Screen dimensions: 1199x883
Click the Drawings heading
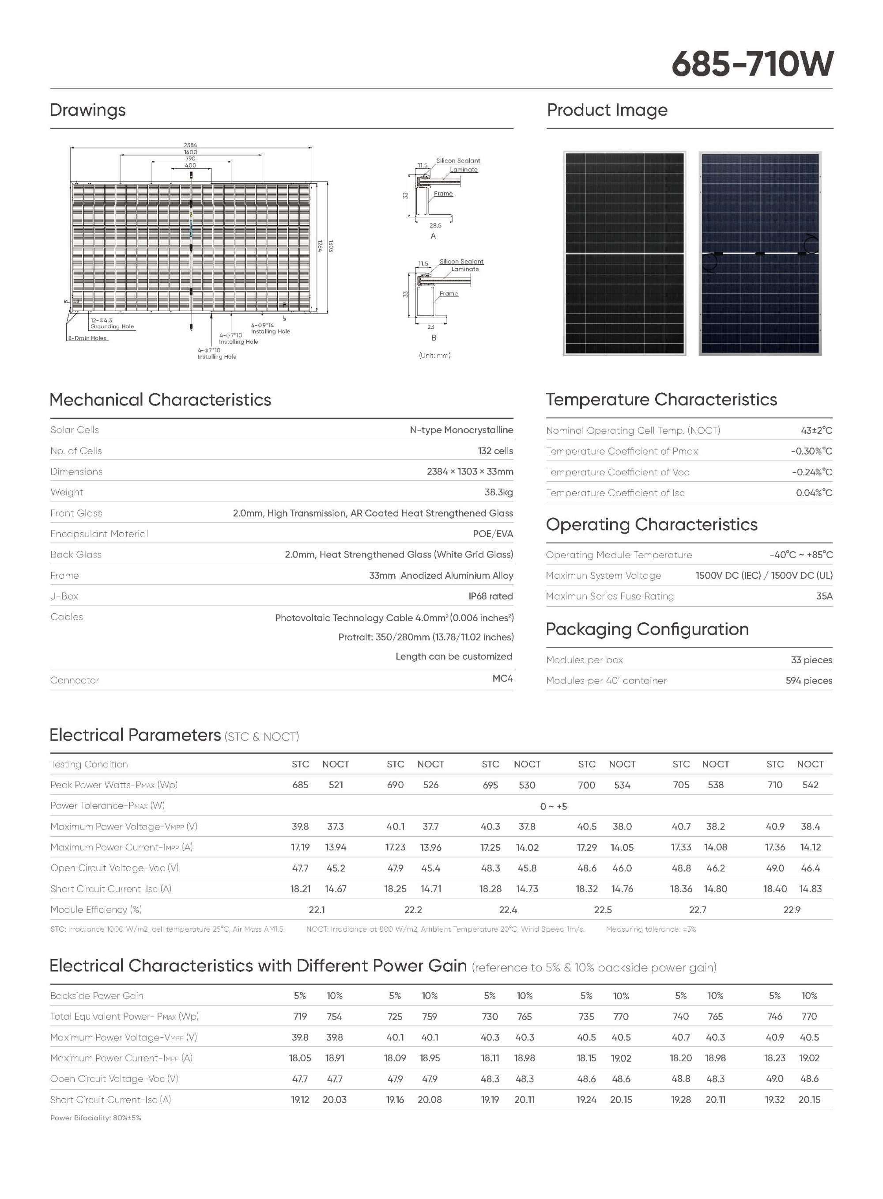88,110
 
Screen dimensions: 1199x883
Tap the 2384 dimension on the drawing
190,145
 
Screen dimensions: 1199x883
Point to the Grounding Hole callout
112,326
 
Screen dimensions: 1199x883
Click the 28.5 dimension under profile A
435,226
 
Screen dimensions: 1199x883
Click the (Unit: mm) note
434,356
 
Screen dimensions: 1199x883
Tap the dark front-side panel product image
624,253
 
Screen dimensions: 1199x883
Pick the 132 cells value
495,451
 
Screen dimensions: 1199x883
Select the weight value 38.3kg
498,492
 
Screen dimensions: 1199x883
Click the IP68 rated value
490,596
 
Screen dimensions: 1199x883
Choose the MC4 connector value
502,678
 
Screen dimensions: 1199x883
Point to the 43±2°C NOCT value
816,430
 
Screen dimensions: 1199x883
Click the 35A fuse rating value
824,596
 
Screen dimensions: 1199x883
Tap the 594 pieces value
809,680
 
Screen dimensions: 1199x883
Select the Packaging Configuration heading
647,630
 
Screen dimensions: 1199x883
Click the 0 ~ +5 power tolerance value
553,806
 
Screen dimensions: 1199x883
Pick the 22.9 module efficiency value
792,910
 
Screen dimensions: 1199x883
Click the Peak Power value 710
774,785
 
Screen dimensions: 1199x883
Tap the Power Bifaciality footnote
96,1118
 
